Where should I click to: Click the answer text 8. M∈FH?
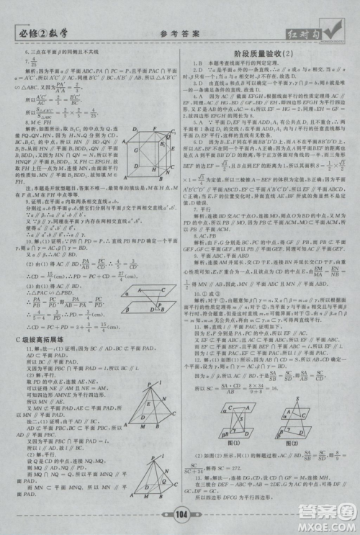pyautogui.click(x=31, y=122)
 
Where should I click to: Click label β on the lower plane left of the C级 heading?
pyautogui.click(x=126, y=297)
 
